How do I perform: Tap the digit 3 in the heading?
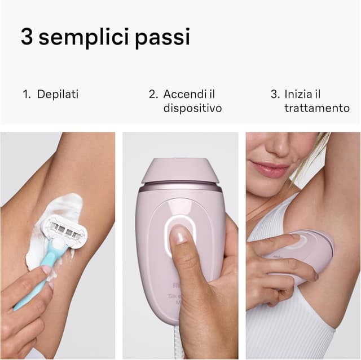coord(27,37)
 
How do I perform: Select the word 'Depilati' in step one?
coord(58,94)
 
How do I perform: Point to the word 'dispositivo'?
coord(192,108)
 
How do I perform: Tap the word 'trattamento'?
coord(316,108)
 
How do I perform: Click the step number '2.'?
coord(153,94)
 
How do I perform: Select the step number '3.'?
coord(275,94)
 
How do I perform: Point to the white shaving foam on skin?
coord(59,206)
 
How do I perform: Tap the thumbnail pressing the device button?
coord(179,235)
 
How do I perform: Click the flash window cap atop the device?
coord(179,171)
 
